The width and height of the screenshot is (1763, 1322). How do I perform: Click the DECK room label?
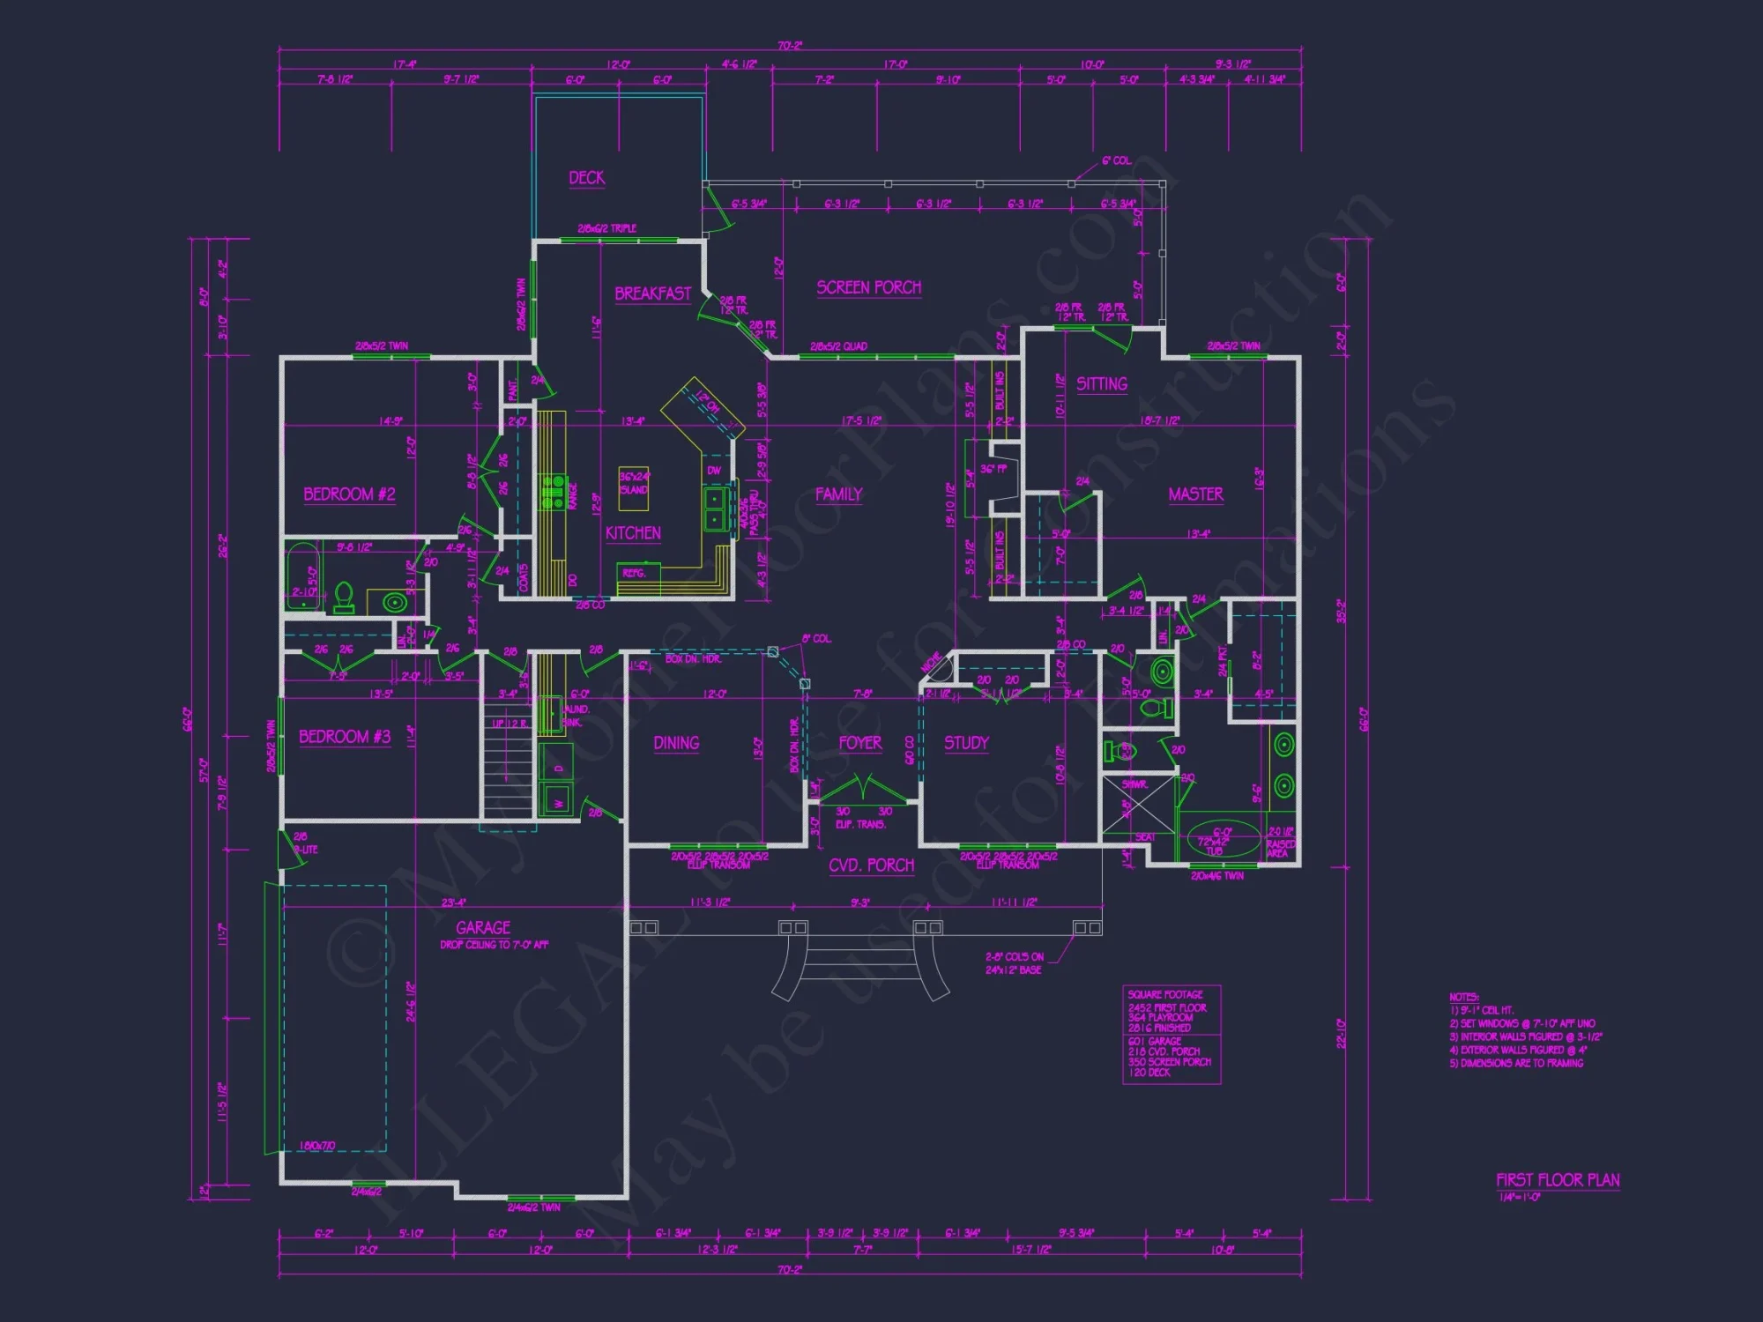[586, 178]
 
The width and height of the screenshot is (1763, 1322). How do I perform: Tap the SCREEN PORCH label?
[868, 287]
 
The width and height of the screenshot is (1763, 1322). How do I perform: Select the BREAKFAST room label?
[652, 293]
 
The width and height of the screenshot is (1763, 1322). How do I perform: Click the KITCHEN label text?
[633, 533]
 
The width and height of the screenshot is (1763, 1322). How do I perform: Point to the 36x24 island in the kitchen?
[633, 488]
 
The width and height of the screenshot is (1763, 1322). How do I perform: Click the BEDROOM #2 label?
[349, 494]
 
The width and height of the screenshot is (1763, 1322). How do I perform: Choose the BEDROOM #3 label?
[344, 737]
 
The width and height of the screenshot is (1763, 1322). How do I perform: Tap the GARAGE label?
[483, 927]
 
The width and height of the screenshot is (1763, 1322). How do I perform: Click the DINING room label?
[676, 743]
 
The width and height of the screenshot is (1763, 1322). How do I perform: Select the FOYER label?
[859, 743]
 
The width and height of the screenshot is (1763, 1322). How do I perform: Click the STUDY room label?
[966, 743]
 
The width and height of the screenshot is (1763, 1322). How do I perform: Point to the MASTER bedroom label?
[1195, 494]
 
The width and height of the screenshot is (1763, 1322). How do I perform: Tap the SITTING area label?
[1101, 384]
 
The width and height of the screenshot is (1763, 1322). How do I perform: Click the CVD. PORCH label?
[871, 865]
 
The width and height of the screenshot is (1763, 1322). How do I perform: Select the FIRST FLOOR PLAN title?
[1558, 1180]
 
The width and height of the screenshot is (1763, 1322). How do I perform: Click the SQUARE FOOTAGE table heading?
[1164, 994]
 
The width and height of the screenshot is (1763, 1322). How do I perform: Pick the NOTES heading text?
[1463, 997]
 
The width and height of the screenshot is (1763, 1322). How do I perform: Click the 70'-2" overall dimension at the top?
[790, 46]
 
